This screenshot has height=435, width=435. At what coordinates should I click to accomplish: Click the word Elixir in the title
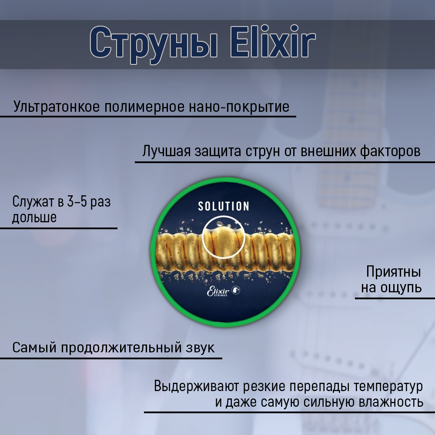pos(273,42)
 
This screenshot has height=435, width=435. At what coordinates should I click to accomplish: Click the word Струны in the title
pos(154,45)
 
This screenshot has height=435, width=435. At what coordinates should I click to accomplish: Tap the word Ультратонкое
pos(56,107)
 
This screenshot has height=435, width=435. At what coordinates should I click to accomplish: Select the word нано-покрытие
pos(239,107)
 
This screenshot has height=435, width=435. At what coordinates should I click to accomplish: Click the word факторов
pos(390,151)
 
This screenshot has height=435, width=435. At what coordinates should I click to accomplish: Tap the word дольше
pos(34,217)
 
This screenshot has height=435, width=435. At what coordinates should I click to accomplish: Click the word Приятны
pos(394,271)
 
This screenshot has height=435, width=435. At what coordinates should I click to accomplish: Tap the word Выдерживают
pos(197,386)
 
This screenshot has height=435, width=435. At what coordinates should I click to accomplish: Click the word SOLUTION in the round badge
pos(224,206)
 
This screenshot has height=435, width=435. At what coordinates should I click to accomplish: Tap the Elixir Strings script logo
pos(218,291)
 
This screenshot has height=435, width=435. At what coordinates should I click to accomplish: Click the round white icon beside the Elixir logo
pos(236,290)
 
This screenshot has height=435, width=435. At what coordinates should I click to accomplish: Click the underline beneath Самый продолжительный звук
pos(111,358)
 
